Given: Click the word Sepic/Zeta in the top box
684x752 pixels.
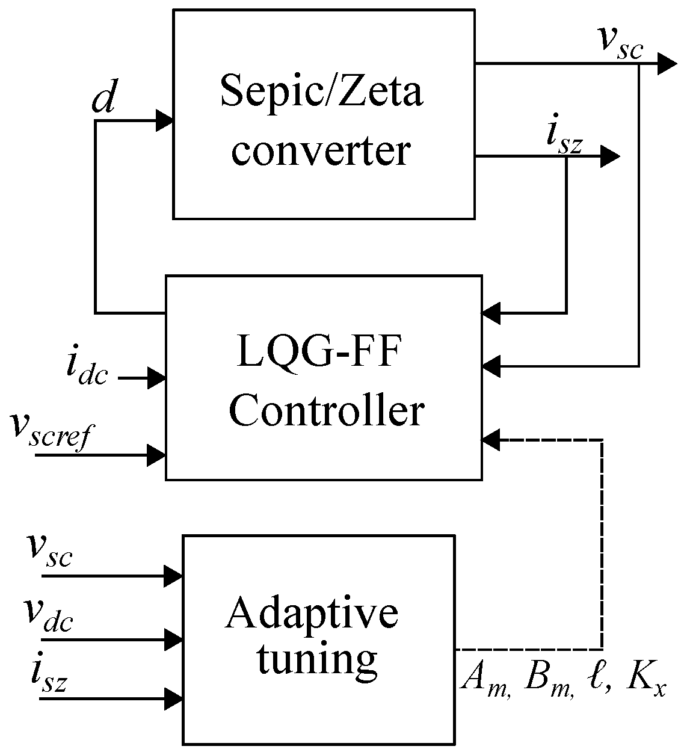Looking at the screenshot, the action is [x=322, y=92].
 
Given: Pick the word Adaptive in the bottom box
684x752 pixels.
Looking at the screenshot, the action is [x=312, y=614].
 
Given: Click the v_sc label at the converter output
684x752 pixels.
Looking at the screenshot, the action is [x=619, y=42].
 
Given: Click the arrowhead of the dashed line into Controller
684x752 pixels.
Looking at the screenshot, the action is [x=491, y=440].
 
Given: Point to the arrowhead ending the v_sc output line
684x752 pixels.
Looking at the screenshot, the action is [x=667, y=63].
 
